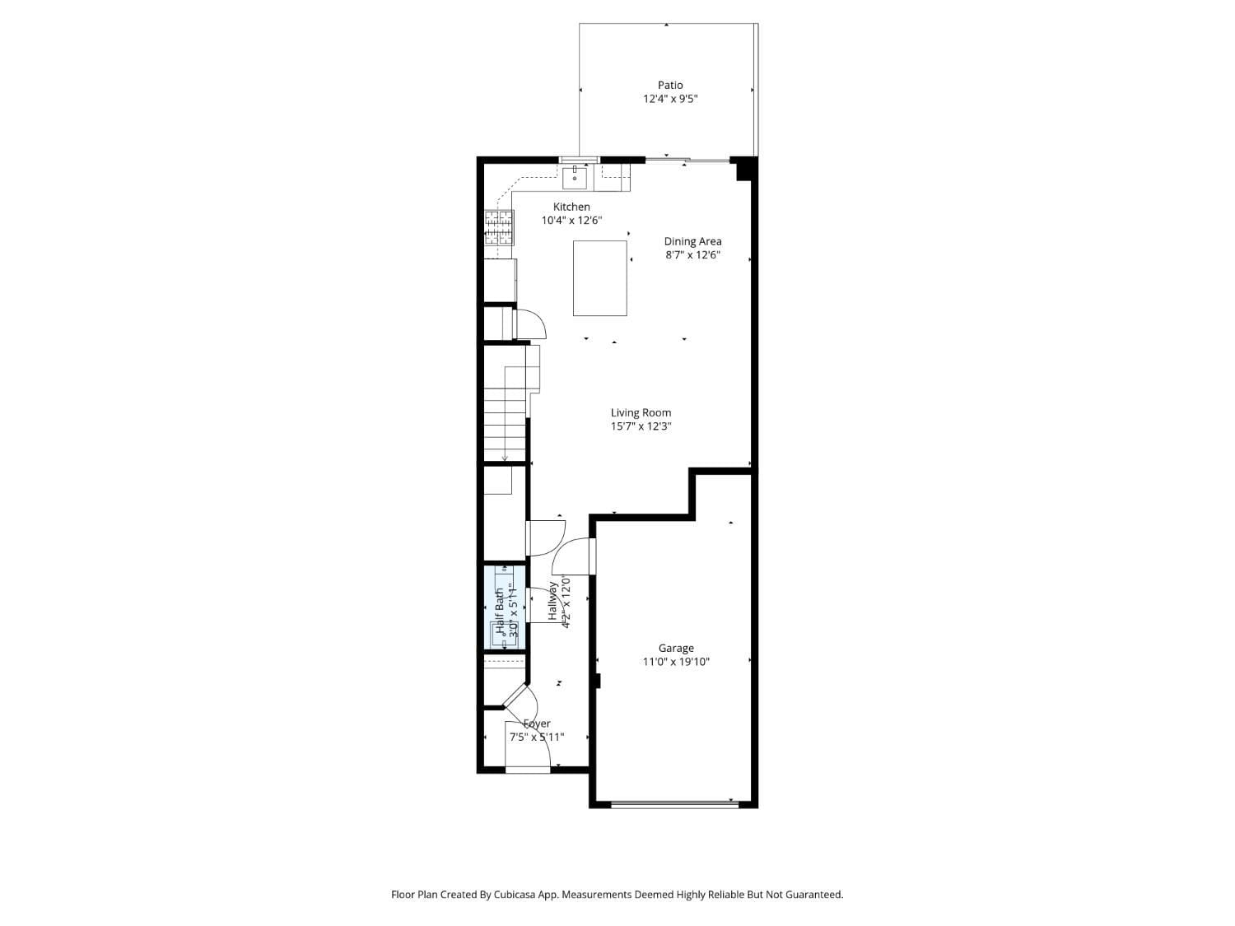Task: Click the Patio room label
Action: pos(670,85)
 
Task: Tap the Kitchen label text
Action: pos(571,207)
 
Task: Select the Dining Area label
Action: pos(692,241)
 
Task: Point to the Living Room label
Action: pos(641,412)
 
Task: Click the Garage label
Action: pos(675,648)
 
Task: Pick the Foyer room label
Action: pos(537,724)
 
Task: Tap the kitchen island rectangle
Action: pos(600,277)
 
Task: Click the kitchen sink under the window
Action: pos(575,176)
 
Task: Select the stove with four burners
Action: pos(499,228)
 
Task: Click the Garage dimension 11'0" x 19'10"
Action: pos(676,662)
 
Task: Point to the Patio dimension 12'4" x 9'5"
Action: pos(670,99)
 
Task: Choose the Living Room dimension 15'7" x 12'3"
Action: pos(641,426)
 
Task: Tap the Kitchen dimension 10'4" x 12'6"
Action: pos(571,221)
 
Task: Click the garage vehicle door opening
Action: pos(674,804)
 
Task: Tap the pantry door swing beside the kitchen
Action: pos(530,323)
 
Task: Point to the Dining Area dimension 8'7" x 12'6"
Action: pos(692,255)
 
